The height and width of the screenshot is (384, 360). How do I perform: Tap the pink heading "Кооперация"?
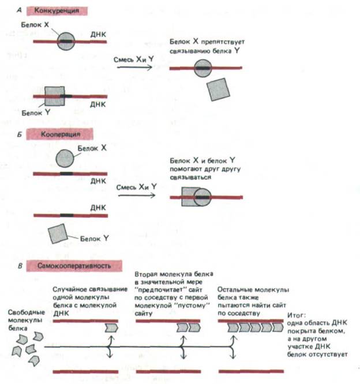[x=59, y=133]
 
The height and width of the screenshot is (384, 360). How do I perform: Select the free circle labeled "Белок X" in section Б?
[x=66, y=157]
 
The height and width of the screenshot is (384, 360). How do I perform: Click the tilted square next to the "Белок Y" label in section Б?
[x=58, y=234]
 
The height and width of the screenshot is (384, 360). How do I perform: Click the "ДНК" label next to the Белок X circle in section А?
[x=97, y=35]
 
